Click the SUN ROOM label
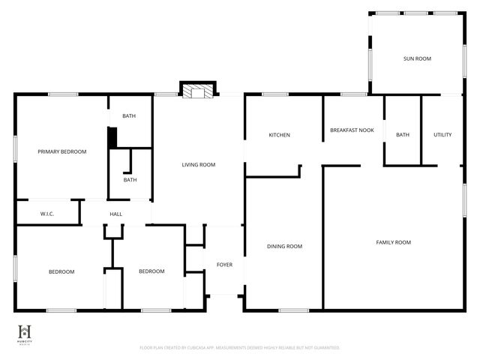(x=417, y=58)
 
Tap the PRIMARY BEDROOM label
(x=62, y=151)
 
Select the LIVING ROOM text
(x=199, y=165)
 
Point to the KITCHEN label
(x=280, y=135)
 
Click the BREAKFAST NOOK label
(x=352, y=130)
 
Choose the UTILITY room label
(x=442, y=135)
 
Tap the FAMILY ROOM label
(x=393, y=242)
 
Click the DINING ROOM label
(x=284, y=246)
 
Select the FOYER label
(x=224, y=265)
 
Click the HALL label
(x=116, y=214)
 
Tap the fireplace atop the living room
(x=197, y=91)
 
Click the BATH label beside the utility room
(x=403, y=135)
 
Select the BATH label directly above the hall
(x=130, y=180)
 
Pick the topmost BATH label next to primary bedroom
(x=129, y=116)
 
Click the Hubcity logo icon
(x=25, y=332)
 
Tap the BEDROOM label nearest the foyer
(x=151, y=271)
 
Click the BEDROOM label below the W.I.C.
(x=61, y=271)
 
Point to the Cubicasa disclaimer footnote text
(x=240, y=348)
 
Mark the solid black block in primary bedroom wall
(x=112, y=138)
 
